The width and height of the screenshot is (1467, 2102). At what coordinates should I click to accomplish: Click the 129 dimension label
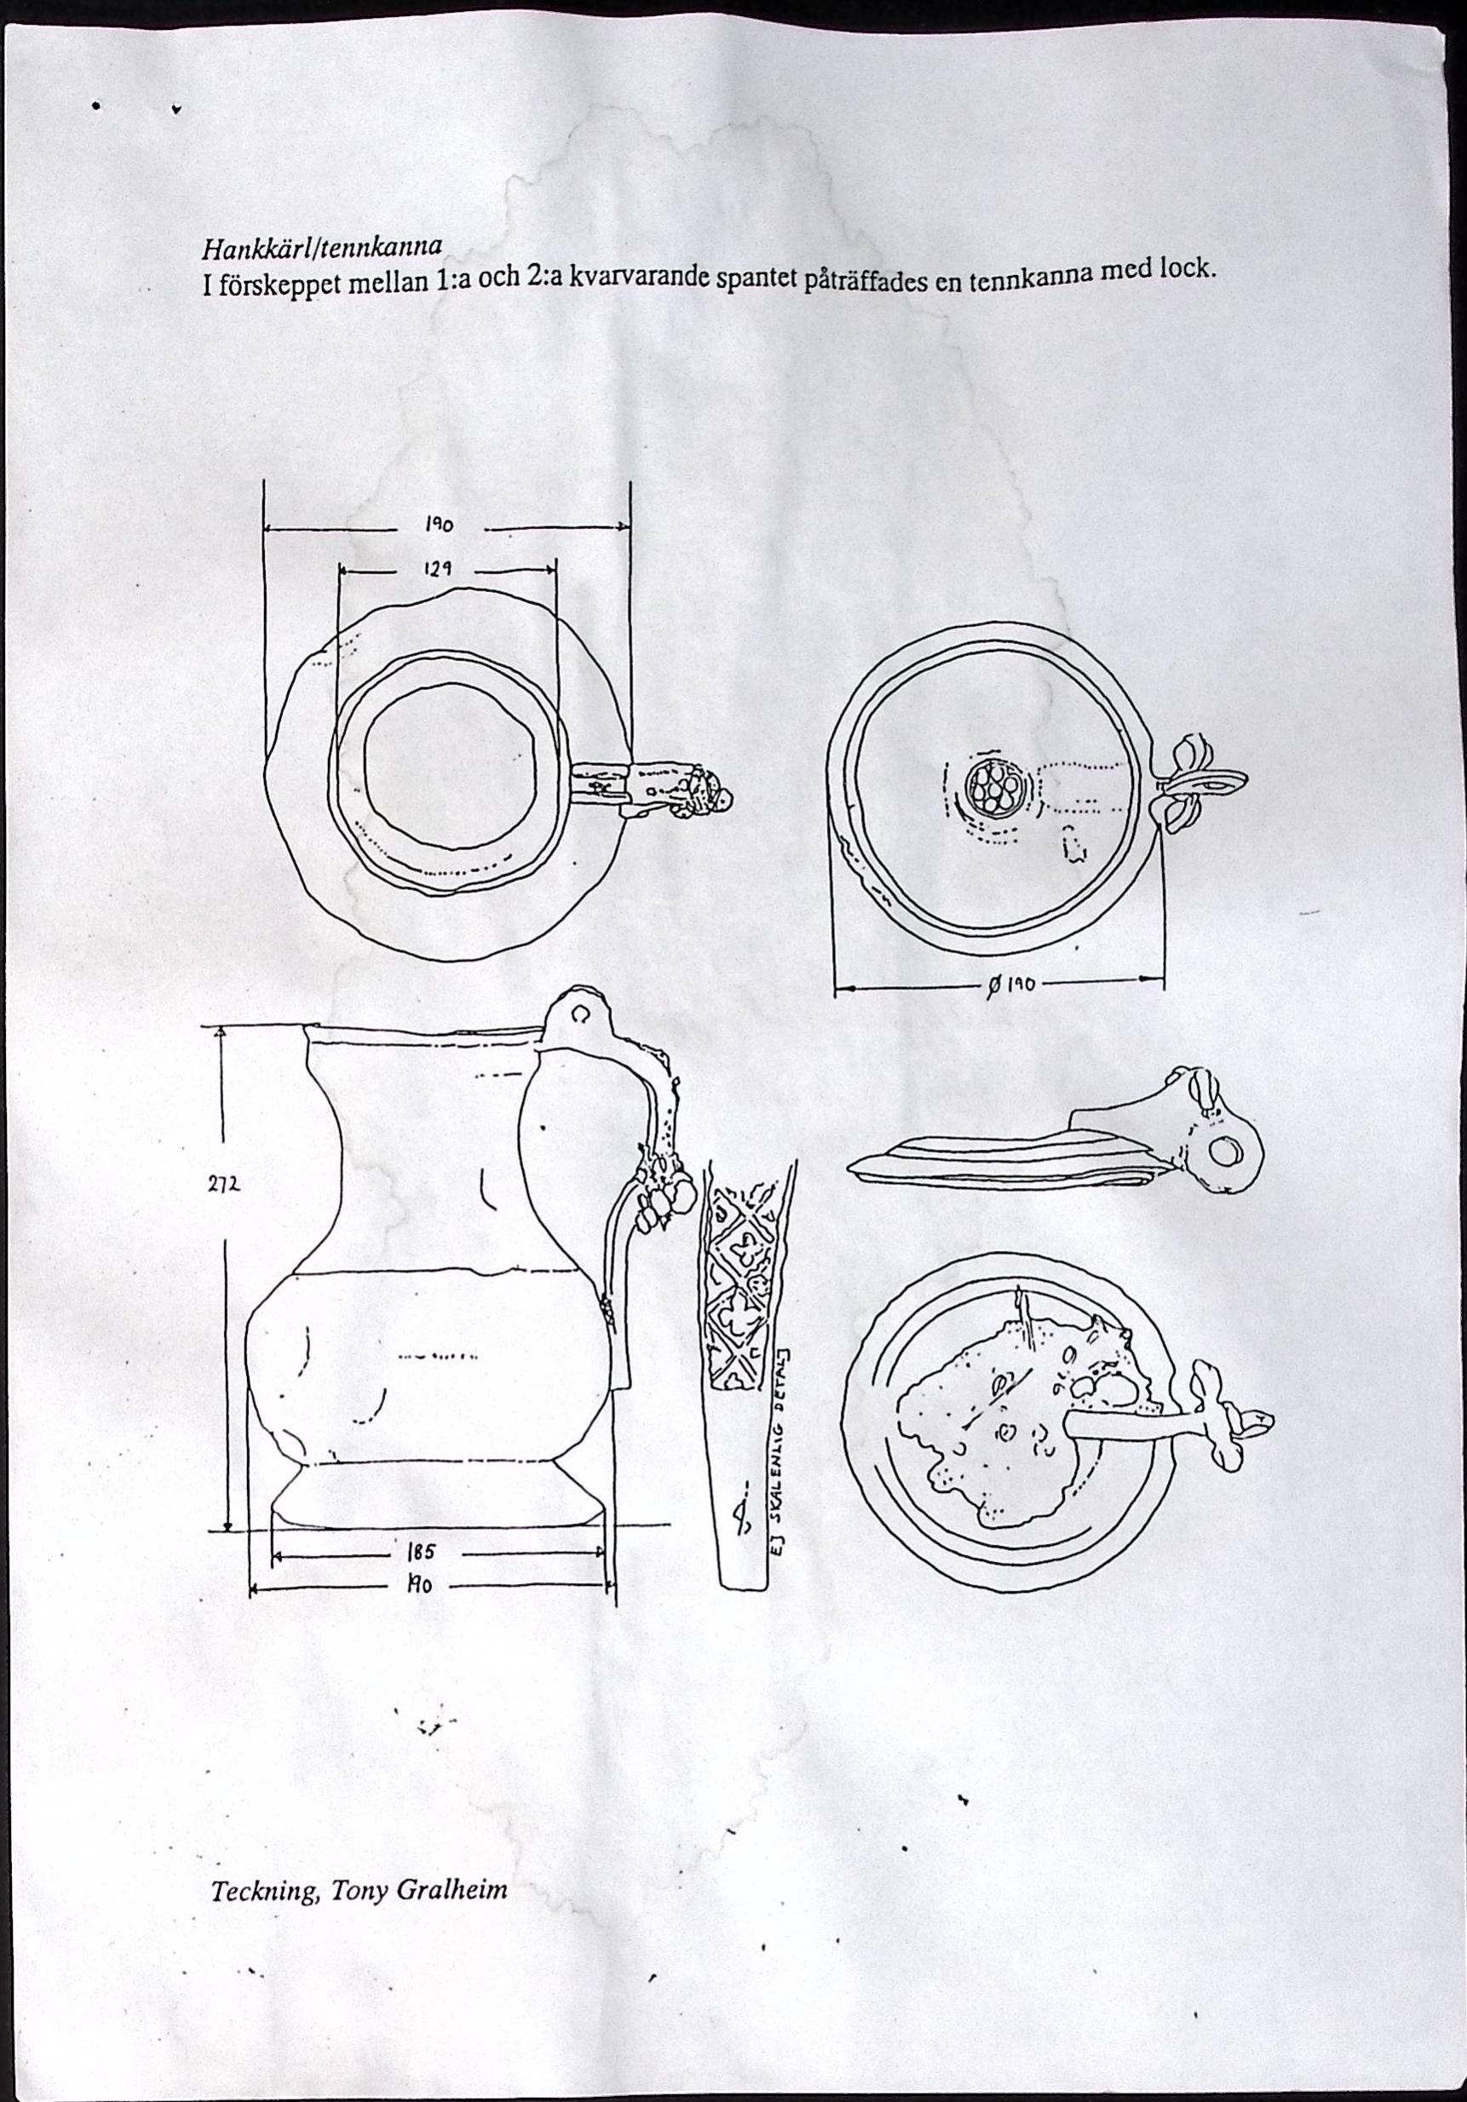pyautogui.click(x=436, y=569)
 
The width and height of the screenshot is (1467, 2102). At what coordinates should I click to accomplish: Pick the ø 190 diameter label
pyautogui.click(x=1006, y=985)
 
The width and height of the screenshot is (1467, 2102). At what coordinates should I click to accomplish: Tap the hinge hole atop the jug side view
pyautogui.click(x=580, y=1014)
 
